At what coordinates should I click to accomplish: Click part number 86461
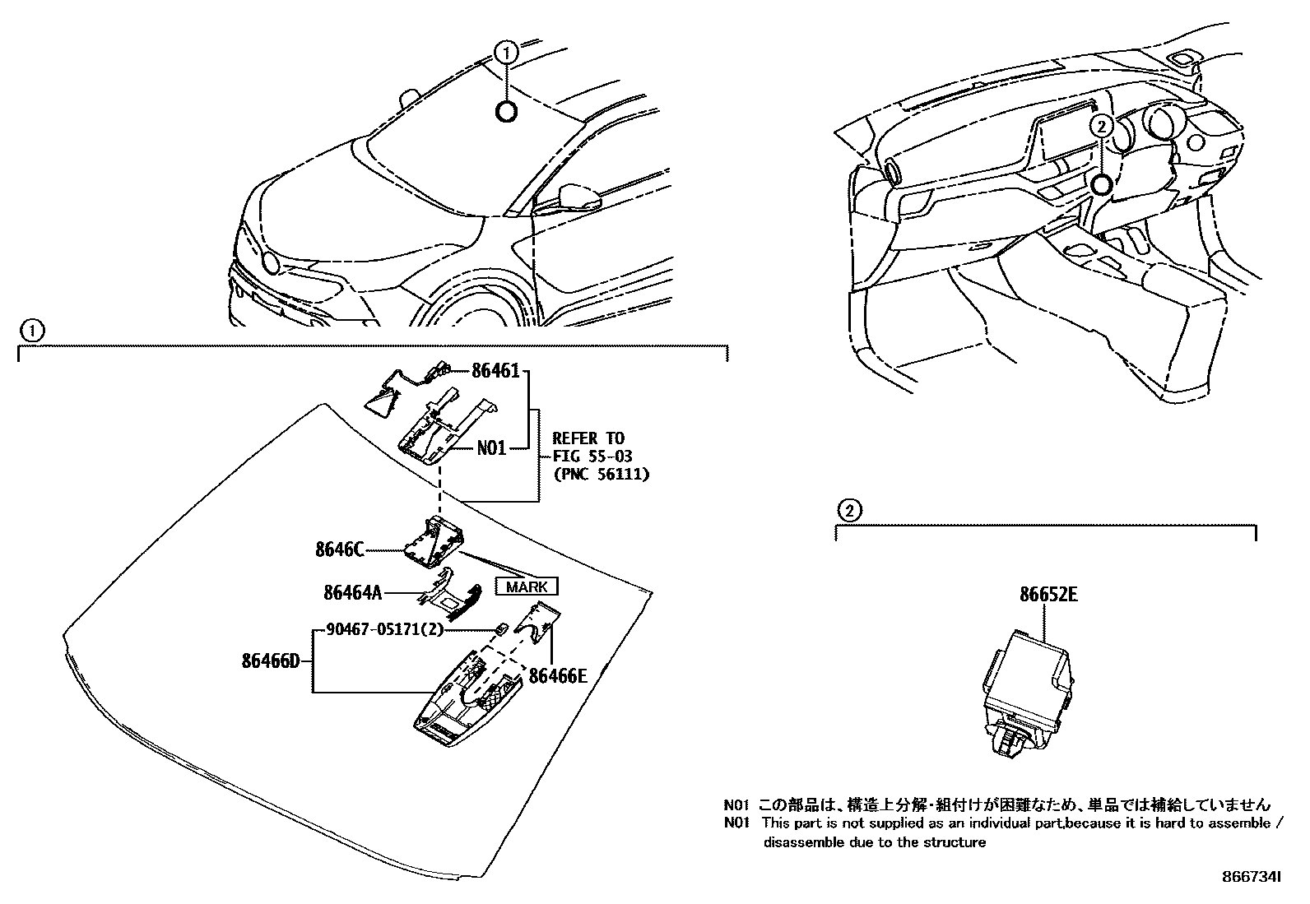[495, 371]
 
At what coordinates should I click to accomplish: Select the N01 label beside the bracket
[491, 449]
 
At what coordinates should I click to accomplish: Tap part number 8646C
[339, 549]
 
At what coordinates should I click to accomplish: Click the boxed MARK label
[526, 586]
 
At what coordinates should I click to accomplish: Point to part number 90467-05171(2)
[384, 630]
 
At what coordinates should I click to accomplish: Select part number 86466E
[558, 676]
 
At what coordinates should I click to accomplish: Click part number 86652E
[1048, 595]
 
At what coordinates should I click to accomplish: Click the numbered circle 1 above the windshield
[506, 53]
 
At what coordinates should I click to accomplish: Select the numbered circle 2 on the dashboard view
[1101, 125]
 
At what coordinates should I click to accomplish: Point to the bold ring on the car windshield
[506, 112]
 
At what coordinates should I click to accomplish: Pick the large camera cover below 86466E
[467, 700]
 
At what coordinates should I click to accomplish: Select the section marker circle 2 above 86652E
[848, 511]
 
